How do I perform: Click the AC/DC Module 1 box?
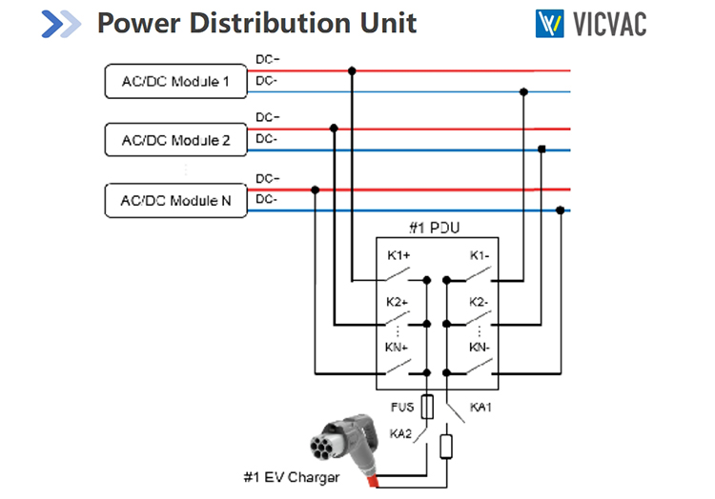[175, 81]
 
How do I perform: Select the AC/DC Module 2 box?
[175, 140]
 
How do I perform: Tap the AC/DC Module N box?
[175, 200]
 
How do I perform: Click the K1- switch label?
[479, 256]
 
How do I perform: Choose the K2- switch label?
[479, 302]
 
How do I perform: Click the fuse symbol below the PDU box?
[427, 408]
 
